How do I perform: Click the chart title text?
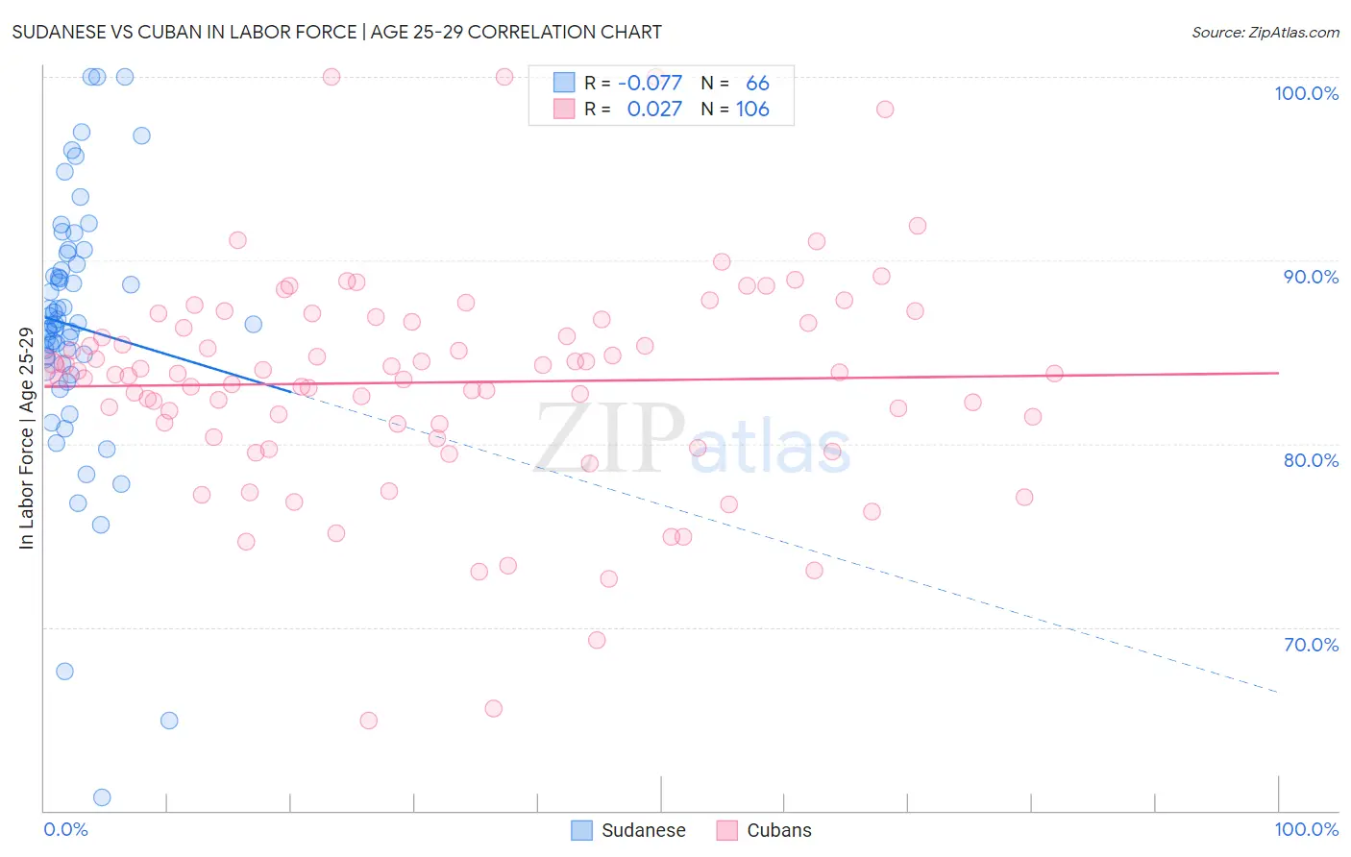click(x=336, y=32)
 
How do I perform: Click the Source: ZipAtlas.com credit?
click(x=1265, y=32)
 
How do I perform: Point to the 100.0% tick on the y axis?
click(x=1306, y=93)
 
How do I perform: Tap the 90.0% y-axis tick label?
click(x=1311, y=277)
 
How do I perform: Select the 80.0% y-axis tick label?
click(x=1311, y=460)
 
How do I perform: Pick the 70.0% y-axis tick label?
click(x=1311, y=645)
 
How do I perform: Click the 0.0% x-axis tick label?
click(x=65, y=829)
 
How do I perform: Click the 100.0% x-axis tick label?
click(x=1306, y=829)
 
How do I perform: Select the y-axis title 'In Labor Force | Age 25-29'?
click(x=26, y=438)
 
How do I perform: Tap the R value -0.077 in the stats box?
click(x=650, y=84)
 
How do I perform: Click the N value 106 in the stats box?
click(x=752, y=110)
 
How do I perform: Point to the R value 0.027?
click(x=654, y=110)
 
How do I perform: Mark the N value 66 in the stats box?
click(x=757, y=84)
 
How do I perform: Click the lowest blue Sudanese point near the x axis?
click(x=102, y=797)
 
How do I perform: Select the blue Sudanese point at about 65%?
click(x=169, y=721)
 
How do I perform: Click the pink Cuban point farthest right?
click(x=1054, y=374)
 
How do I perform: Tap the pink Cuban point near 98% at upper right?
click(x=885, y=110)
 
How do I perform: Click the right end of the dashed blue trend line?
click(x=1277, y=692)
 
